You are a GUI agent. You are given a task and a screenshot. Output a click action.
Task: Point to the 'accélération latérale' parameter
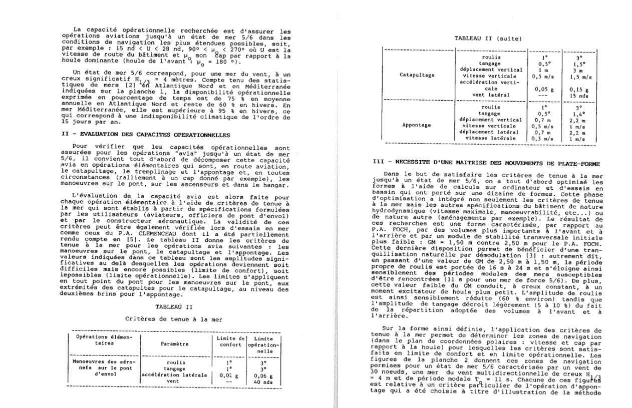174,374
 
